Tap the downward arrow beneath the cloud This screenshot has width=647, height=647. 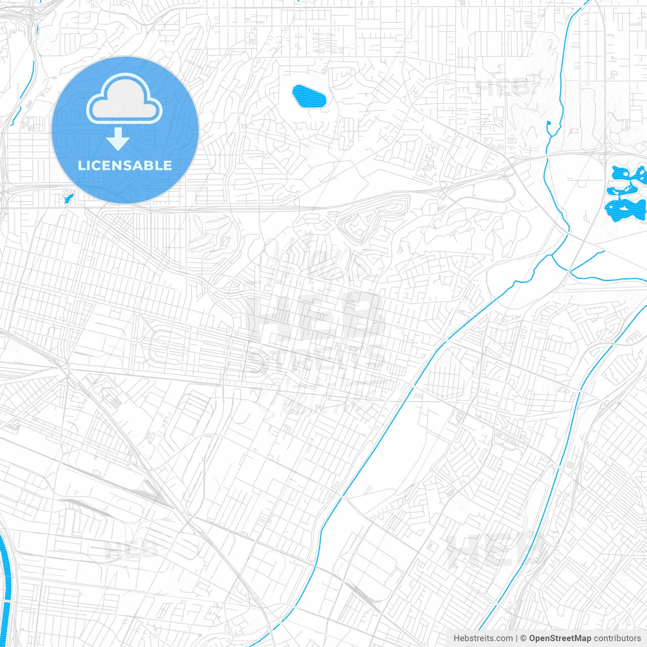[118, 139]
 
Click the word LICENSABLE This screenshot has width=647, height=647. [125, 165]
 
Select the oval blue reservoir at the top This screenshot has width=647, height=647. [309, 96]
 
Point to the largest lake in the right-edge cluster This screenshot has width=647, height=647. [626, 209]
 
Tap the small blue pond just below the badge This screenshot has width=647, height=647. [68, 197]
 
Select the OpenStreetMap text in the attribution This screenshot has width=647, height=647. [560, 638]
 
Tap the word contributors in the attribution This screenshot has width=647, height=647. [617, 638]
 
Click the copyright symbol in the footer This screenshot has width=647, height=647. [524, 638]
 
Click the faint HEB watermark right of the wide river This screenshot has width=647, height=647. [131, 548]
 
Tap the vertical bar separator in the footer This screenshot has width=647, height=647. [517, 638]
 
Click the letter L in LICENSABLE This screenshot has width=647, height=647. [81, 165]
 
